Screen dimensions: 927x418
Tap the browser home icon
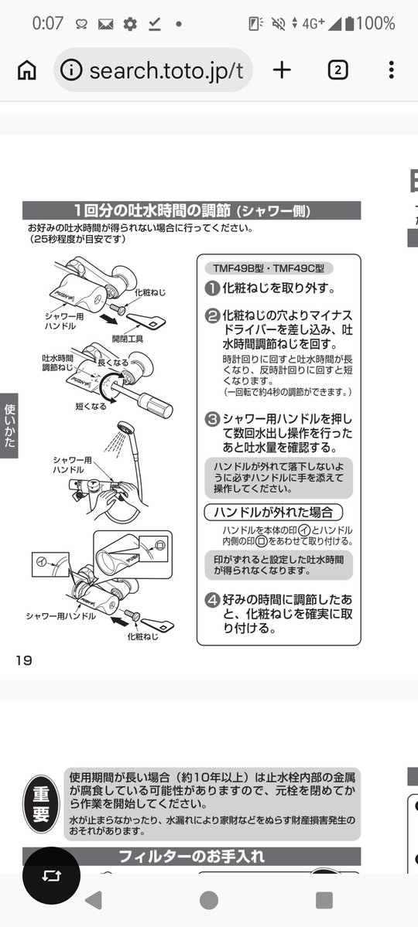tap(26, 70)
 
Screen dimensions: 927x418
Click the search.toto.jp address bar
tap(155, 70)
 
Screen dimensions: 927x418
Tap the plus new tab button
tap(282, 70)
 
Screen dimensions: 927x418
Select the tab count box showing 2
tap(337, 70)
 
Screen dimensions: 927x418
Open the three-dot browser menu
tap(391, 70)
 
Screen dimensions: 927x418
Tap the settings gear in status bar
tap(130, 24)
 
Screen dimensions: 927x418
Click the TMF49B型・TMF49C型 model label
tap(268, 269)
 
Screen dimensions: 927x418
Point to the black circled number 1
tap(211, 288)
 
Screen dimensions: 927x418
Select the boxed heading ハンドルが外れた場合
tap(272, 512)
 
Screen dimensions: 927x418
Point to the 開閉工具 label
tap(127, 339)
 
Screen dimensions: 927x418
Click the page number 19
tap(23, 659)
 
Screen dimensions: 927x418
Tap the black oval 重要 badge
tap(41, 803)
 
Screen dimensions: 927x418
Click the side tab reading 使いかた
tap(9, 426)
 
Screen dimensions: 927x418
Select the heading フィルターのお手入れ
tap(191, 857)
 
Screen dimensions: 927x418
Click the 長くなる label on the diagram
tap(109, 362)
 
